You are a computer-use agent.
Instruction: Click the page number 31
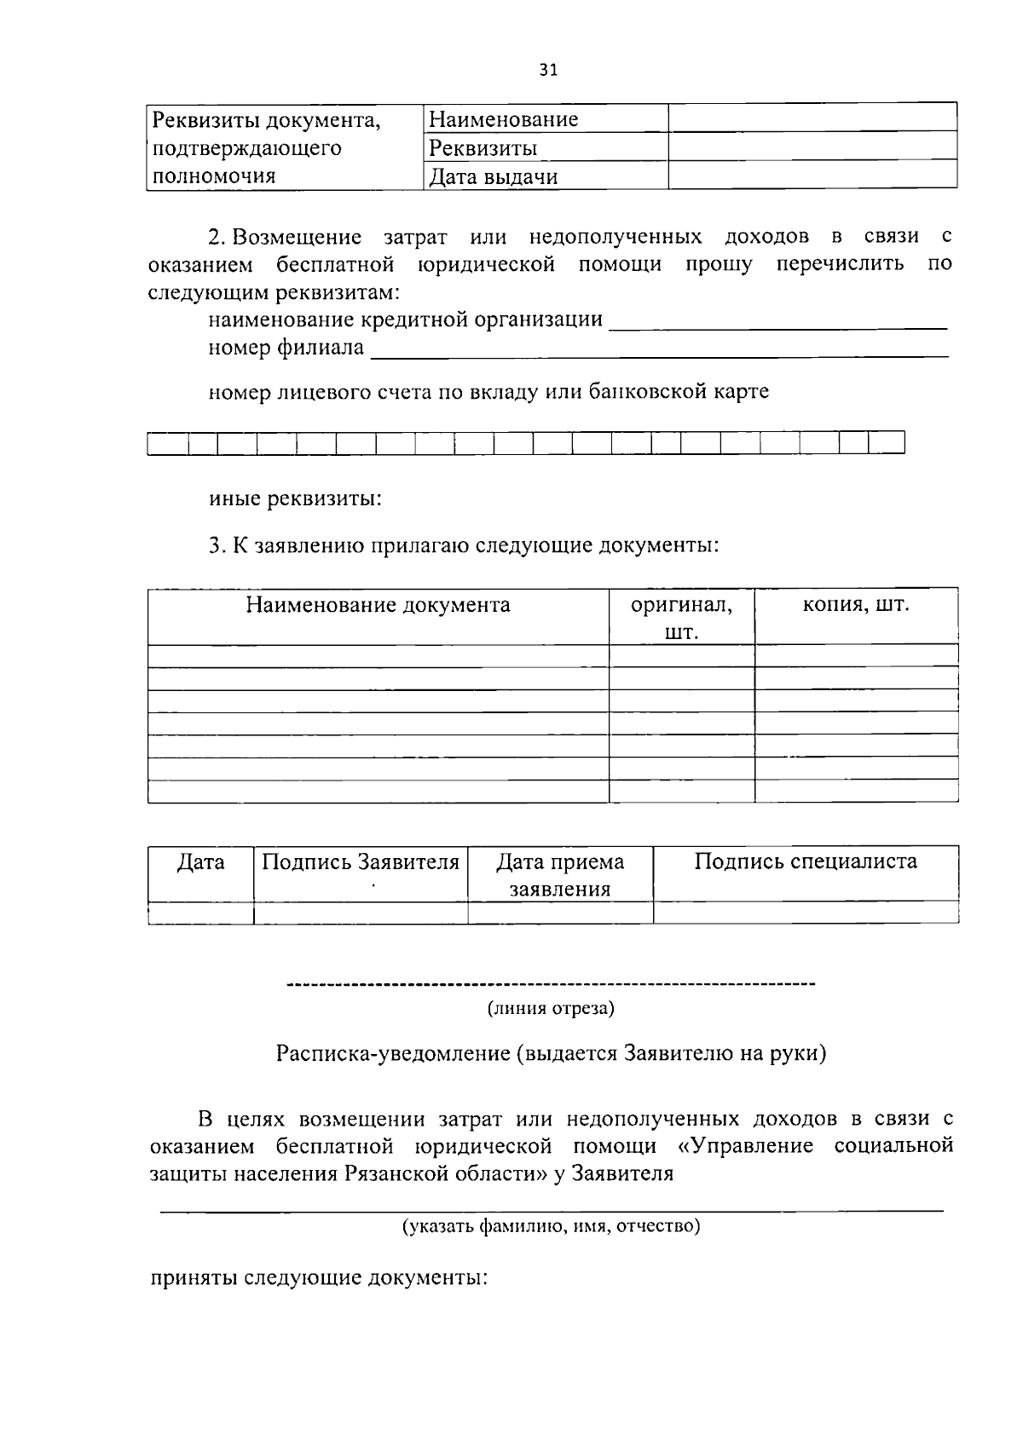(548, 71)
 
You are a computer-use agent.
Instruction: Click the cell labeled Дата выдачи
(494, 177)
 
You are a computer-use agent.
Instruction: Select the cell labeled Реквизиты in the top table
(483, 148)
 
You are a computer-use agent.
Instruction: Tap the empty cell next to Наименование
(812, 118)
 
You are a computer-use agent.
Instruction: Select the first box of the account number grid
(168, 443)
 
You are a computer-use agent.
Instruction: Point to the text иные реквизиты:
(295, 498)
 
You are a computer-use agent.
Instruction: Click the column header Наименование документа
(379, 606)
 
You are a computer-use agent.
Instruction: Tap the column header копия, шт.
(856, 605)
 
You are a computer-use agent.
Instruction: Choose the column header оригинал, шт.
(681, 618)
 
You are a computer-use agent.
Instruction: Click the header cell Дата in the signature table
(201, 862)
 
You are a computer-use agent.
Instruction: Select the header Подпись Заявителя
(361, 862)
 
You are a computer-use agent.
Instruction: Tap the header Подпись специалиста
(806, 861)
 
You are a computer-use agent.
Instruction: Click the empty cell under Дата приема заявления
(560, 913)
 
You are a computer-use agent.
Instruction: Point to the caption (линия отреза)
(551, 1009)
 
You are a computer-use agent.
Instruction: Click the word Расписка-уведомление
(392, 1053)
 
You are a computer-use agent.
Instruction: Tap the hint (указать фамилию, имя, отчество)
(551, 1227)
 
